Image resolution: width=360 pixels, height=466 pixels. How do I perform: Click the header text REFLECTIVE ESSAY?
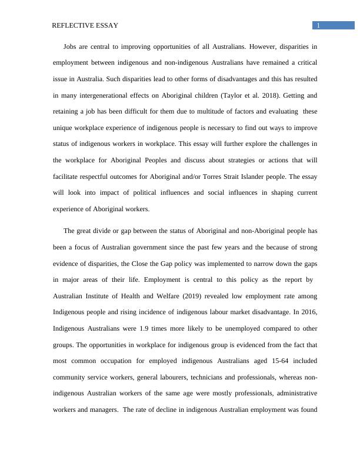(85, 25)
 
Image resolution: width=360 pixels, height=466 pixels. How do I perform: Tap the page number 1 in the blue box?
(318, 25)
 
